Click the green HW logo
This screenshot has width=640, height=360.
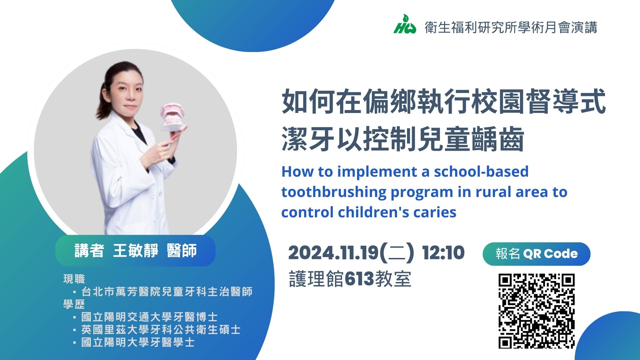tap(405, 24)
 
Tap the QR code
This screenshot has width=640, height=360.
tap(537, 311)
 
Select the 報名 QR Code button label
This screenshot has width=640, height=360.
tap(536, 254)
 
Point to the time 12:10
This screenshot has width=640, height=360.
tap(443, 253)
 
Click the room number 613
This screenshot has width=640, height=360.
tap(359, 279)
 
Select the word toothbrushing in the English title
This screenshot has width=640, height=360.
tap(334, 193)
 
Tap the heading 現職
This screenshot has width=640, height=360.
tap(74, 279)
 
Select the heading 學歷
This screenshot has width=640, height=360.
tap(74, 304)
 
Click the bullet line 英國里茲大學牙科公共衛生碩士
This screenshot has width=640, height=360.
tap(161, 330)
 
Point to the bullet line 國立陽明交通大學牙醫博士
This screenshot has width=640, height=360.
tap(149, 317)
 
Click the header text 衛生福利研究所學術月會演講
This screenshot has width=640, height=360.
tap(511, 27)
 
